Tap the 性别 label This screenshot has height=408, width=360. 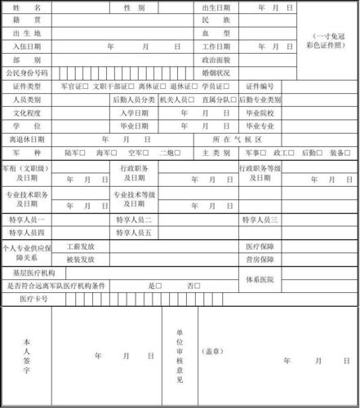[135, 7]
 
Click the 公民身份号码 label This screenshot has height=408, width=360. [28, 73]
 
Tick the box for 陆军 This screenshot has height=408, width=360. [86, 153]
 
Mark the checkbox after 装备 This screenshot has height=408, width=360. [351, 153]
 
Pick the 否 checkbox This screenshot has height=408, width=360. [198, 286]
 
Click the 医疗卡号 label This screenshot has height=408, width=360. [33, 299]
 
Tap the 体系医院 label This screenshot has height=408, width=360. [255, 280]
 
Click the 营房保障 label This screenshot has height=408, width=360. [258, 259]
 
